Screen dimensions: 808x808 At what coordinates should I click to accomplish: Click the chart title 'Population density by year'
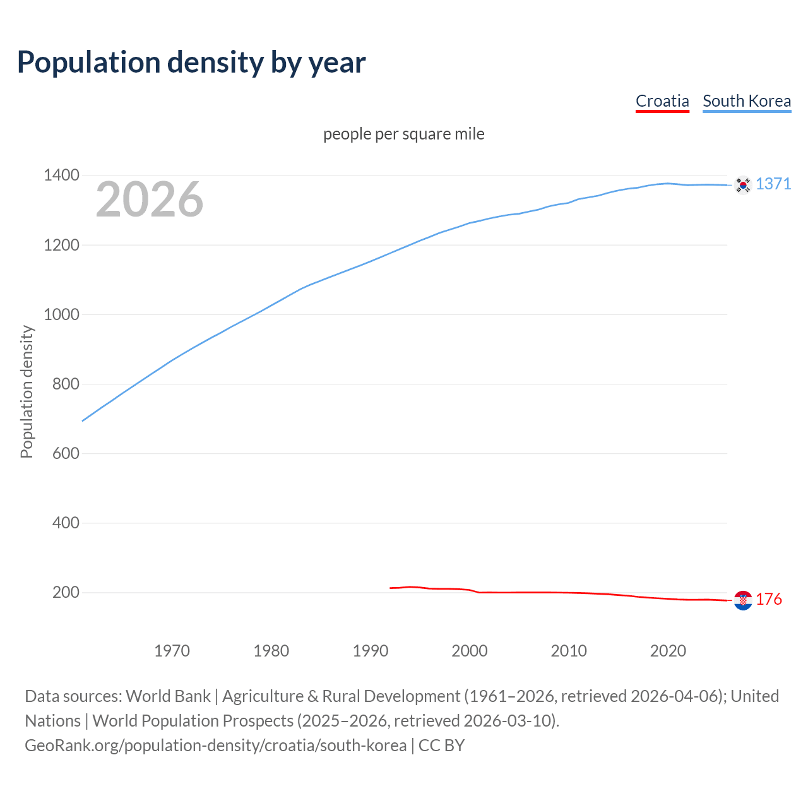coord(191,62)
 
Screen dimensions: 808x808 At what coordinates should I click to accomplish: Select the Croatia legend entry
coord(662,101)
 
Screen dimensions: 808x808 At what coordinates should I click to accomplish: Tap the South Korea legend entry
coord(746,101)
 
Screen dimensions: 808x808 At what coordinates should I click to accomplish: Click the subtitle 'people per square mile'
coord(403,134)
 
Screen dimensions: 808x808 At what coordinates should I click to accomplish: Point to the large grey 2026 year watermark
coord(150,199)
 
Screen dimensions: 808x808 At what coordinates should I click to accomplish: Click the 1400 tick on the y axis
coord(61,175)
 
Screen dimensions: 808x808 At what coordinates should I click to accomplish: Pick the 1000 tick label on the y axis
coord(61,314)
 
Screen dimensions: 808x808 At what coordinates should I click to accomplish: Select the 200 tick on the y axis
coord(66,592)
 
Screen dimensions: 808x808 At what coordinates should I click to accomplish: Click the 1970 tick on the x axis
coord(172,651)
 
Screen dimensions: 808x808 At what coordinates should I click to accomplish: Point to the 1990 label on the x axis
coord(371,651)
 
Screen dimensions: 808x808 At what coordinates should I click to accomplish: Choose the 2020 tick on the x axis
coord(668,651)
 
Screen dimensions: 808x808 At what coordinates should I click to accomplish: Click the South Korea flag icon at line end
coord(743,184)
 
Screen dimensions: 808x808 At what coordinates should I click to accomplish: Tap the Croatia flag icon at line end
coord(743,600)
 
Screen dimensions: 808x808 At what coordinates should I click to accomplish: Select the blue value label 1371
coord(773,184)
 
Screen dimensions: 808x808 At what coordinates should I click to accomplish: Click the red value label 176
coord(769,599)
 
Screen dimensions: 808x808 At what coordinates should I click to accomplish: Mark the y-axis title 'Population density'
coord(27,391)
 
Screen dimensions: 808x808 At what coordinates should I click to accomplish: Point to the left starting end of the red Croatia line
coord(391,588)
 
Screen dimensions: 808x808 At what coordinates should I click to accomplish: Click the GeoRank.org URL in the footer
coord(215,746)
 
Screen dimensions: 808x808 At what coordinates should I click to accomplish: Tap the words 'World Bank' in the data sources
coord(168,696)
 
